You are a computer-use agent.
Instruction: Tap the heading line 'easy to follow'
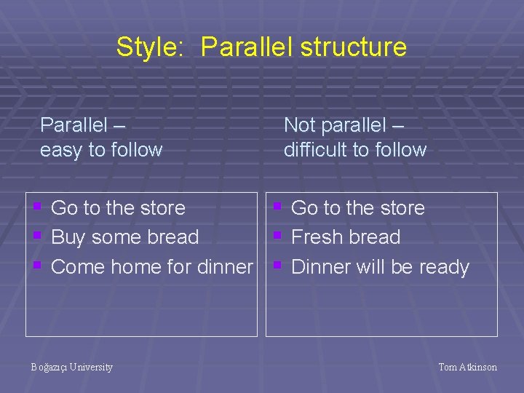tap(101, 150)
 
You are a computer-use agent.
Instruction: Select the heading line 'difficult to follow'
tap(354, 150)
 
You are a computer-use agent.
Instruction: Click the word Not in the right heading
tap(299, 125)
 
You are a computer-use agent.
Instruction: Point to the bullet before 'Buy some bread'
tap(37, 236)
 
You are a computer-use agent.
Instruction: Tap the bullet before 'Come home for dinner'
tap(37, 266)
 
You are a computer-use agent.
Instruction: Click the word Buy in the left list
tap(68, 237)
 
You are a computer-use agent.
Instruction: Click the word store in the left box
tap(162, 208)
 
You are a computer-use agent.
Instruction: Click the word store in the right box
tap(401, 208)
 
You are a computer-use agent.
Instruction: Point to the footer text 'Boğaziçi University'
tap(71, 368)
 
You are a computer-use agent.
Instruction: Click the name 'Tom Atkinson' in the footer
tap(467, 368)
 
